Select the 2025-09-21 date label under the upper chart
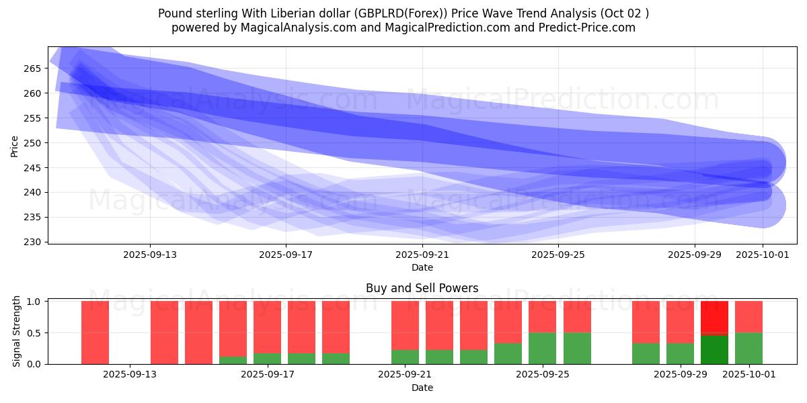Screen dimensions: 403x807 [422, 255]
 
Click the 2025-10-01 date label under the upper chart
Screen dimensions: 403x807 [763, 255]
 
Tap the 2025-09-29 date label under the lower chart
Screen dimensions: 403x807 [681, 375]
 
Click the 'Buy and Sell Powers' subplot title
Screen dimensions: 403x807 [422, 288]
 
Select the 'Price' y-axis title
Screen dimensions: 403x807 [15, 145]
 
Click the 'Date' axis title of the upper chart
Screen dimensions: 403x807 [422, 267]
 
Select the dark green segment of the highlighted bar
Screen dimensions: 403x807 [714, 349]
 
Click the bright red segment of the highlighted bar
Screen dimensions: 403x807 [714, 317]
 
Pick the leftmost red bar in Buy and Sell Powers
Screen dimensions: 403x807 [95, 332]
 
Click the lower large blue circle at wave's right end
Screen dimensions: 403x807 [763, 205]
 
